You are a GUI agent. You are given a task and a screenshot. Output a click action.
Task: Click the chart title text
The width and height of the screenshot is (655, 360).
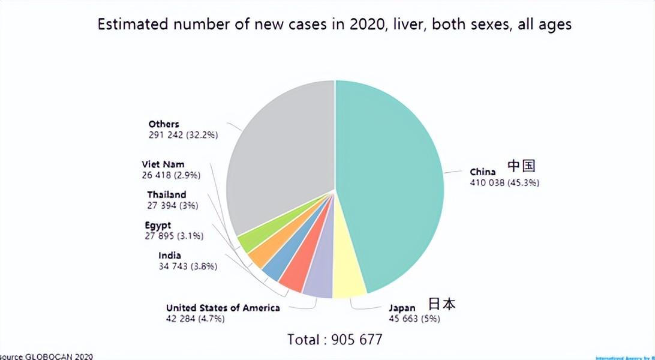(x=335, y=25)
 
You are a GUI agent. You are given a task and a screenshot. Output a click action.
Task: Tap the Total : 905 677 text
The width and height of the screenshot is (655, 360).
(x=335, y=339)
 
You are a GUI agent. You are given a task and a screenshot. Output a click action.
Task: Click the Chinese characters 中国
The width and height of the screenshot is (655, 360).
(x=521, y=166)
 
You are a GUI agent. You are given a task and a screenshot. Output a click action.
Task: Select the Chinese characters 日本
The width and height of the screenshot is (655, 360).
(x=441, y=304)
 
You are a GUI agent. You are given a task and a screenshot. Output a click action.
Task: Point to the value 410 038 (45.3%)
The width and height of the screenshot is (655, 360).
(x=504, y=182)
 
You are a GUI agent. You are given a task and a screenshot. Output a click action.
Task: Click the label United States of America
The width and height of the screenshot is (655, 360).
(x=223, y=308)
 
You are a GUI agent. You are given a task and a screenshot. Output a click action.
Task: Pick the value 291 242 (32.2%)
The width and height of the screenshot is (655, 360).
(x=184, y=135)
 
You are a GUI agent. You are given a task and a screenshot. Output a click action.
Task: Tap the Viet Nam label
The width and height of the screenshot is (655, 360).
(x=163, y=164)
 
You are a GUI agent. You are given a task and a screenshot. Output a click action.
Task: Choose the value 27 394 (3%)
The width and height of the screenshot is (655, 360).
(x=173, y=205)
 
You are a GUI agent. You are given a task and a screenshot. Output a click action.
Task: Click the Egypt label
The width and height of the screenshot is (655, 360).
(x=158, y=226)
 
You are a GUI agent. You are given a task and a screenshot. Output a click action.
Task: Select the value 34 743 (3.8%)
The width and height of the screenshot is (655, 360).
(x=188, y=266)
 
